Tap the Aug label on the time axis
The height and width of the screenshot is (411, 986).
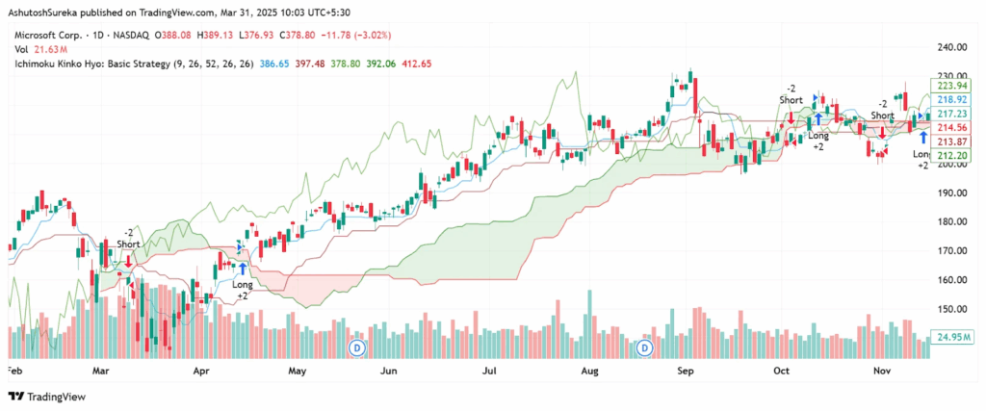(x=589, y=369)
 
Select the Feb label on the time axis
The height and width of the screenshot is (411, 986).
(x=14, y=369)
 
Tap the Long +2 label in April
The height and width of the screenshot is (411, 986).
(x=243, y=291)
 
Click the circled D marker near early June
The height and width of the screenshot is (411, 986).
(x=357, y=346)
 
